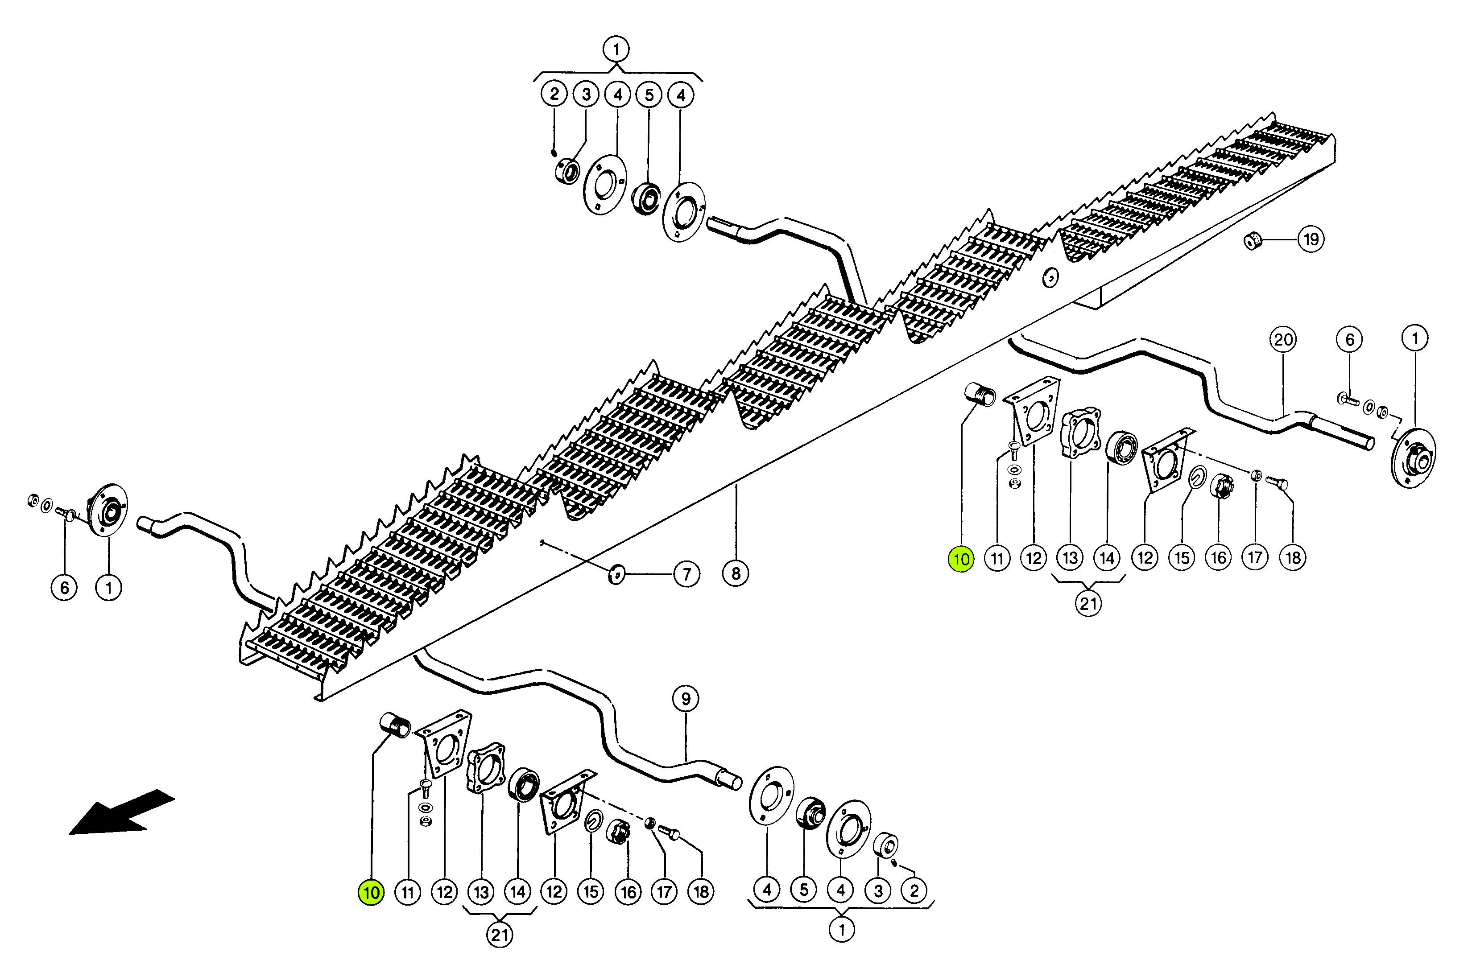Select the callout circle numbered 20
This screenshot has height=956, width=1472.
[x=1283, y=339]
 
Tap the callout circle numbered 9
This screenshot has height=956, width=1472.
[x=685, y=699]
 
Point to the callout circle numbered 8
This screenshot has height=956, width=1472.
[x=736, y=573]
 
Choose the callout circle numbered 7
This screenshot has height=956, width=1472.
[x=686, y=574]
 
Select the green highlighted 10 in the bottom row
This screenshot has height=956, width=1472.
[x=371, y=892]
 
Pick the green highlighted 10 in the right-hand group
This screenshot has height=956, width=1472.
[x=961, y=559]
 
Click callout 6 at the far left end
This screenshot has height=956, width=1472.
[x=64, y=587]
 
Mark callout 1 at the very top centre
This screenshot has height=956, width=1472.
[x=616, y=49]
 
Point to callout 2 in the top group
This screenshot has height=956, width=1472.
[x=554, y=94]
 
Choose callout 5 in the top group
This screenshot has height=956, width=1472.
[x=649, y=95]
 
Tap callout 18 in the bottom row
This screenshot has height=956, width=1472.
[x=701, y=892]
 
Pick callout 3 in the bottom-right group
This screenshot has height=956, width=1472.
[x=878, y=892]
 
